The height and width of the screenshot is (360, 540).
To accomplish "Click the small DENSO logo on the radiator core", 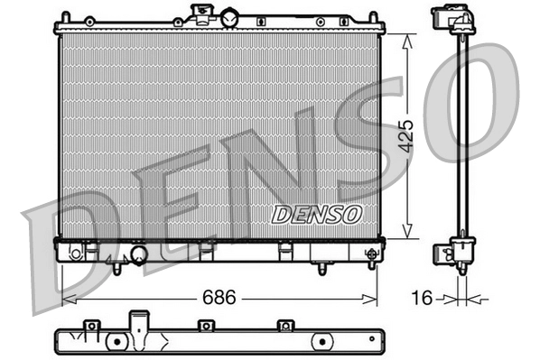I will click(316, 215).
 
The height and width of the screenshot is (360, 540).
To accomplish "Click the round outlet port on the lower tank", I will click(139, 256).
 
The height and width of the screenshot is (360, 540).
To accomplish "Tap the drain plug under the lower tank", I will click(323, 267).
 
